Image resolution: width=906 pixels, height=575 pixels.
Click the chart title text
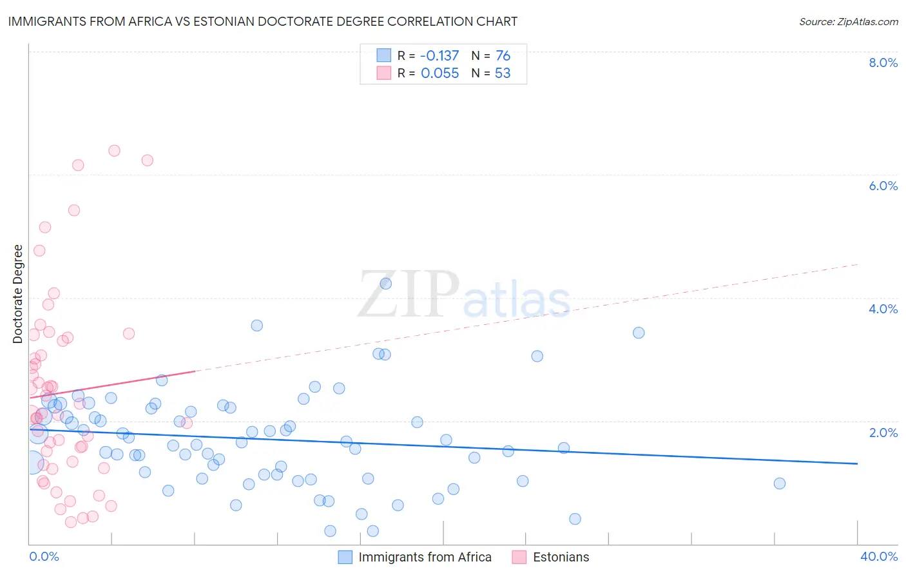[x=263, y=21]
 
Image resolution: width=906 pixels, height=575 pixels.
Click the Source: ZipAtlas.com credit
[x=848, y=21]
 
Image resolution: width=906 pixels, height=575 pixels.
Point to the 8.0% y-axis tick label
[x=883, y=63]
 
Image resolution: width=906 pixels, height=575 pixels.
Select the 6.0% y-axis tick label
[x=883, y=186]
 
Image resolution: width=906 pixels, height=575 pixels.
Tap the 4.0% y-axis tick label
[x=883, y=309]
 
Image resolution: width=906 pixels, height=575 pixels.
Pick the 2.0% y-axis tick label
[x=883, y=433]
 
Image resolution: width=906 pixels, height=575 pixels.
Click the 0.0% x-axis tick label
[x=44, y=556]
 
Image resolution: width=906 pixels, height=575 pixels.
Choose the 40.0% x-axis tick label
[x=878, y=556]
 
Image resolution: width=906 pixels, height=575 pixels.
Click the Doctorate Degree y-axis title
[x=18, y=294]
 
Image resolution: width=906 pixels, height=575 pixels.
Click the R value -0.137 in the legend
[x=439, y=55]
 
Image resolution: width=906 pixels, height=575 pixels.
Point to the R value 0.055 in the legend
[x=439, y=73]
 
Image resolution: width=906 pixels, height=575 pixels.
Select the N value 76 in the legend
[x=503, y=55]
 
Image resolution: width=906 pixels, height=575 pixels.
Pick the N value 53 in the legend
[x=503, y=73]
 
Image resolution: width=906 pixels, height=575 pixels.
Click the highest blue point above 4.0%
[x=386, y=284]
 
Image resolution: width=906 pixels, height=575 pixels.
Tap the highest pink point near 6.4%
[x=114, y=151]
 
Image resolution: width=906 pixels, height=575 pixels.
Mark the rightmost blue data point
[x=780, y=483]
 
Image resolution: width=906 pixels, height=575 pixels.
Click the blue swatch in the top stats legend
[x=384, y=55]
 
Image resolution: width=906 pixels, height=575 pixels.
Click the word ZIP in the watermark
[x=409, y=295]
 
